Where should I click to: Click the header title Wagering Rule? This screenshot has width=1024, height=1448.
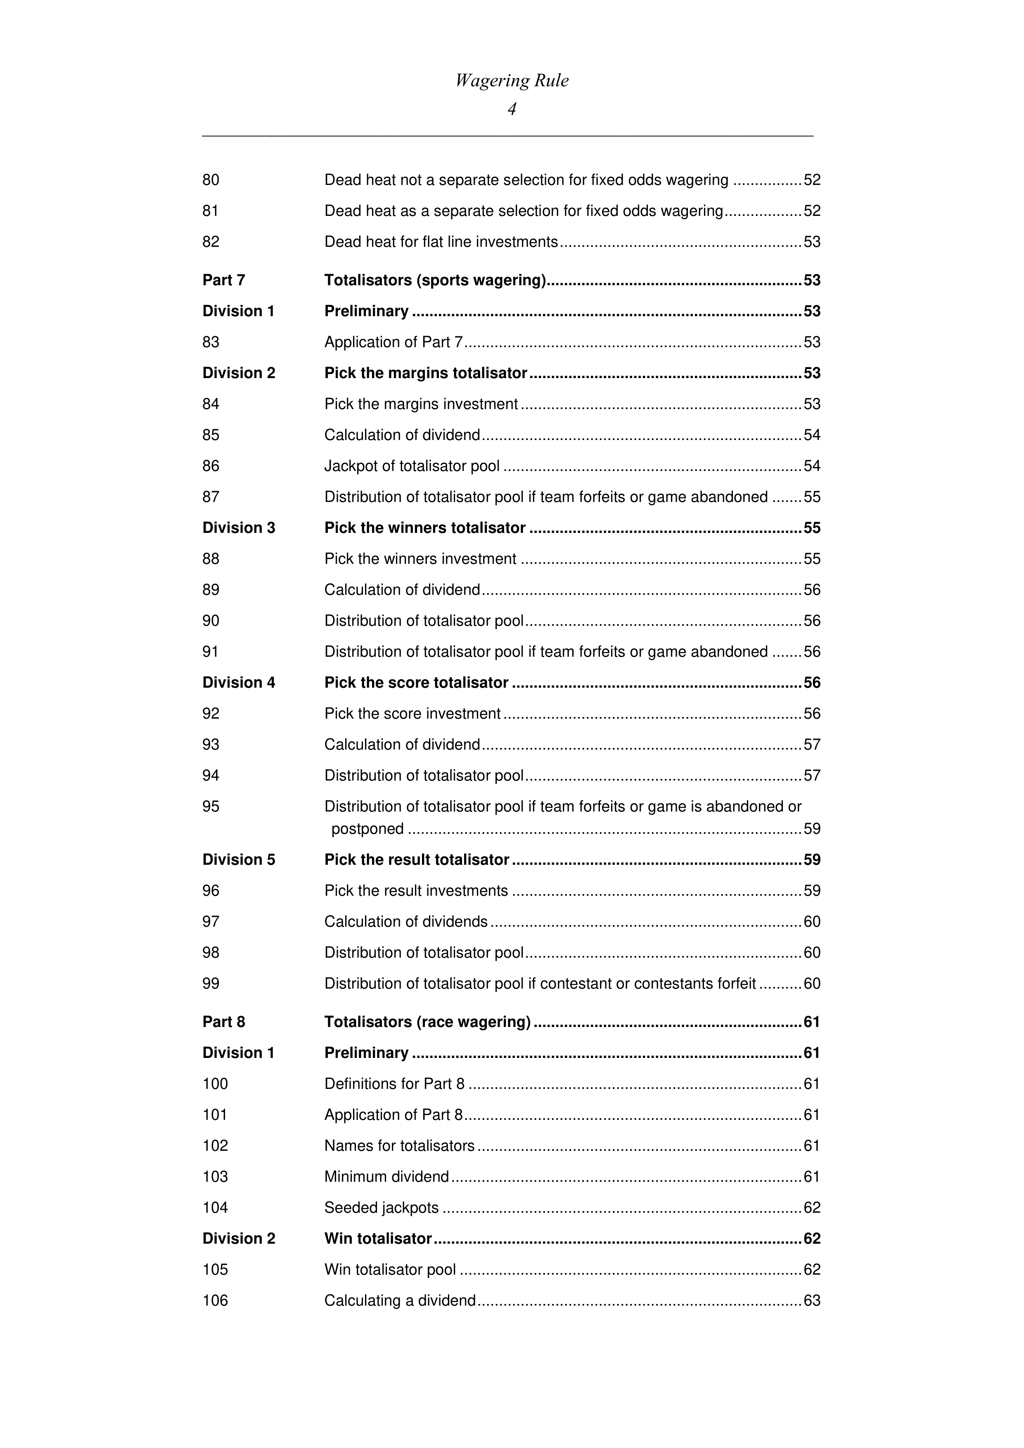click(x=512, y=81)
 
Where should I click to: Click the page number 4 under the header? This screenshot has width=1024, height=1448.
click(x=512, y=109)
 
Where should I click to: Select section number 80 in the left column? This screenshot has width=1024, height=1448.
click(x=211, y=180)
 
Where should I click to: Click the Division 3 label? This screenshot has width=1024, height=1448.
click(x=239, y=528)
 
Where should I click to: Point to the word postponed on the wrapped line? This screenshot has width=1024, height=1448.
click(x=367, y=829)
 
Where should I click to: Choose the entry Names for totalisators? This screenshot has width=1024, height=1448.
click(x=399, y=1145)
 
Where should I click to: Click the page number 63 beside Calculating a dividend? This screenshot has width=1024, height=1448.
click(x=811, y=1300)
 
